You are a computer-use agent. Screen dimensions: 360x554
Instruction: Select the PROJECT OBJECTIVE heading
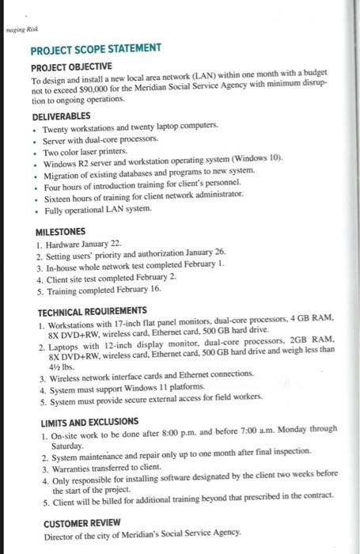tap(71, 66)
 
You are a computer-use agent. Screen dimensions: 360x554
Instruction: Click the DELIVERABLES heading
tap(62, 116)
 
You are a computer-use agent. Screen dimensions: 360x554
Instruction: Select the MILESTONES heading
tap(61, 233)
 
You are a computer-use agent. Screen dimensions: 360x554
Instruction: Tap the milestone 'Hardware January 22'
tap(84, 246)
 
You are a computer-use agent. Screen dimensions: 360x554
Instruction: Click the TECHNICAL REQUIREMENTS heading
tap(93, 311)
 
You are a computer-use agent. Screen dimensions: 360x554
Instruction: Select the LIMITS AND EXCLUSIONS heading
tap(90, 422)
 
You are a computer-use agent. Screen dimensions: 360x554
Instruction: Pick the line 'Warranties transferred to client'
tap(112, 469)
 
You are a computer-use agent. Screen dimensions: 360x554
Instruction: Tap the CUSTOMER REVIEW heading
tap(82, 524)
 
